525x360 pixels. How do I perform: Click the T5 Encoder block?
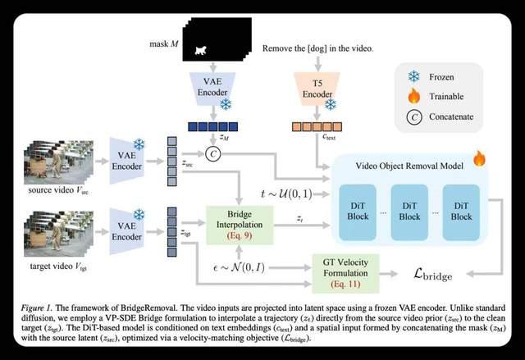point(317,89)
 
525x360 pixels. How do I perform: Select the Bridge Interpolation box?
point(240,225)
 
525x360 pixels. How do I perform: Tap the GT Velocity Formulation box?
point(345,273)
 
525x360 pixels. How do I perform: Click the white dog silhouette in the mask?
point(200,51)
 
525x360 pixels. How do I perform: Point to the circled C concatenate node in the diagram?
point(213,154)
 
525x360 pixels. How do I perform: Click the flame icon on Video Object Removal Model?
point(479,158)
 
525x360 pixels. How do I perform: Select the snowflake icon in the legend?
point(413,76)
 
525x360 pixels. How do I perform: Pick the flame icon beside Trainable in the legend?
point(413,96)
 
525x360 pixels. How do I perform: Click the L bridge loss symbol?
point(433,275)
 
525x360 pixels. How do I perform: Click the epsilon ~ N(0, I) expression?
point(239,267)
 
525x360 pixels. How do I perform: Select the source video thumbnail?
point(58,162)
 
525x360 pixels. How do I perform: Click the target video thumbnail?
point(58,234)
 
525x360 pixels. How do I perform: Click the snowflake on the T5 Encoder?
point(331,105)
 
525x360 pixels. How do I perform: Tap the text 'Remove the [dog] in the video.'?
point(317,48)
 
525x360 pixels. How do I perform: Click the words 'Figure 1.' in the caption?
point(36,308)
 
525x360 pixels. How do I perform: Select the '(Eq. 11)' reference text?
point(345,284)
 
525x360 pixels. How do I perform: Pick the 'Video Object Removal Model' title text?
point(409,166)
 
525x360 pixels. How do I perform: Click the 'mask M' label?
point(164,43)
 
